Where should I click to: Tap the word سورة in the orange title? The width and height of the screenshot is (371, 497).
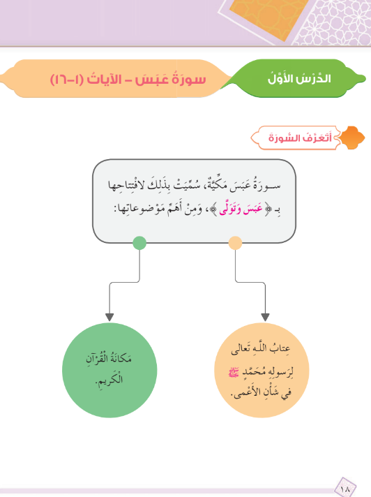point(189,79)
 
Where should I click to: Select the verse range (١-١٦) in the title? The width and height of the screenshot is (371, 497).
point(66,80)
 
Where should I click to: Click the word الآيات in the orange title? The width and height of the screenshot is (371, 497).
point(104,79)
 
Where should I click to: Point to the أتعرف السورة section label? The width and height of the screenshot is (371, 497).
point(300,138)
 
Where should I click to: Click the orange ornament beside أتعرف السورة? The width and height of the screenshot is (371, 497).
point(352,138)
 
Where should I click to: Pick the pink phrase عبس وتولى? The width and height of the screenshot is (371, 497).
point(241,209)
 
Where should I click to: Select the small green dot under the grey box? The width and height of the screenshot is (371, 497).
point(139,243)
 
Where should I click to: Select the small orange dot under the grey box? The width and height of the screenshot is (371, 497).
point(235,243)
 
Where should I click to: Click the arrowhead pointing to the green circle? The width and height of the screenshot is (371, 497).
point(109,318)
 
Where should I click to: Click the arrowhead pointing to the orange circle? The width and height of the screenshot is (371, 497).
point(265,318)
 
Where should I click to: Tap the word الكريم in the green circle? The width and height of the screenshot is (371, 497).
point(109,380)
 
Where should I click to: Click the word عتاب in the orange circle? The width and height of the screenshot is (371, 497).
point(280,348)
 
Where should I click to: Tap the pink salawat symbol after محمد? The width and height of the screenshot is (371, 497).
point(234,373)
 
